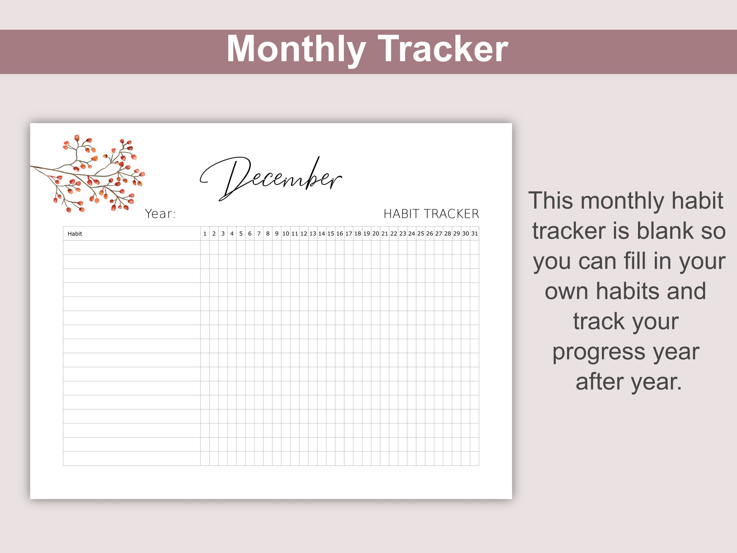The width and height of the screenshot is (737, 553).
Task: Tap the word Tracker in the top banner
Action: coord(443,49)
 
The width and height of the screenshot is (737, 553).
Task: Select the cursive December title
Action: coord(271,178)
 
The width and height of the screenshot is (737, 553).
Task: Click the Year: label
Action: coord(160,214)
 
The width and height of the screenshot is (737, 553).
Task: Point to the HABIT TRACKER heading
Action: coord(431,214)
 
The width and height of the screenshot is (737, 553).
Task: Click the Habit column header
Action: coord(75,234)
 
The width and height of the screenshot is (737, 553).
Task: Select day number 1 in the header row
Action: coord(205,234)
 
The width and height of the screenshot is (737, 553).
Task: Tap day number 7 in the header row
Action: coord(259,234)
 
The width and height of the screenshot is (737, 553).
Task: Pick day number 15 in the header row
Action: coord(331,234)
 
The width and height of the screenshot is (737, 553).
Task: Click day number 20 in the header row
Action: coord(376,234)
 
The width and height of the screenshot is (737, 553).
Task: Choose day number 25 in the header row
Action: coord(420,234)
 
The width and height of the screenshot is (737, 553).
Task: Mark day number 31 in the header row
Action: coord(474,234)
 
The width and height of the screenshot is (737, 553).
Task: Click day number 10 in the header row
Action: coord(286,234)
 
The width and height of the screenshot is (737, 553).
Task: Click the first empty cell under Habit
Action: coord(132,248)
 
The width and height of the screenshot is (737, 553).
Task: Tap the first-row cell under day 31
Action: coord(474,248)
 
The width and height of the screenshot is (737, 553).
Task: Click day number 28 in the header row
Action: coord(447,234)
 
